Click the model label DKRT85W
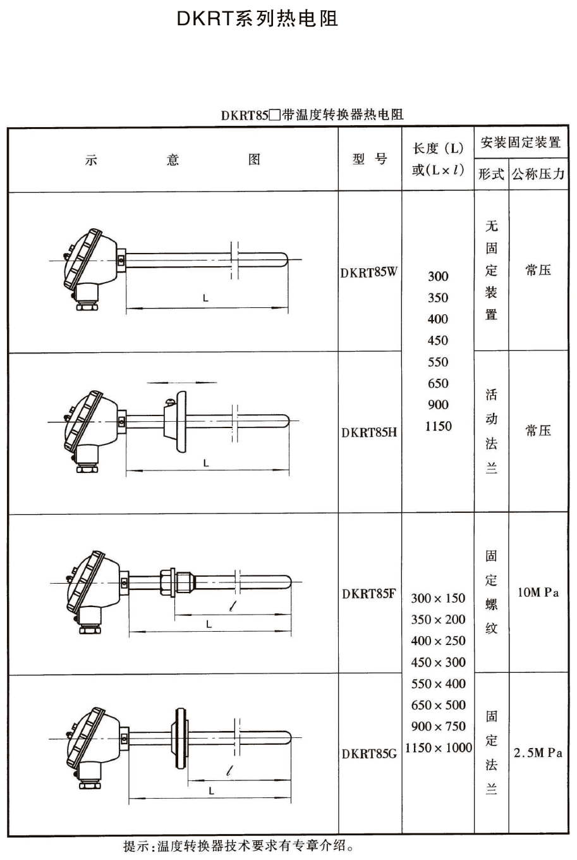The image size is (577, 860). tap(370, 273)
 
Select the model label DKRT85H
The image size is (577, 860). tap(370, 433)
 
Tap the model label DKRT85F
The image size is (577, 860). tap(370, 594)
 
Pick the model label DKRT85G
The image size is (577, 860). tap(370, 754)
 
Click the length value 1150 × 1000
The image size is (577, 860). tap(439, 748)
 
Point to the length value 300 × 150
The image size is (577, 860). tap(438, 598)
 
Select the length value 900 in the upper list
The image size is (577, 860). tap(438, 405)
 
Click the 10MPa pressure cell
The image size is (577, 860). tap(538, 593)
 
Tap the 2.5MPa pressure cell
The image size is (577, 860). tap(538, 753)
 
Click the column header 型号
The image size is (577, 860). tap(370, 159)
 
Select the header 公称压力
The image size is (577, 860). tap(538, 174)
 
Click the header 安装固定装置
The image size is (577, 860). tap(521, 142)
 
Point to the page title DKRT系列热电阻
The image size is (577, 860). tap(257, 19)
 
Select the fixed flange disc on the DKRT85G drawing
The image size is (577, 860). tap(178, 738)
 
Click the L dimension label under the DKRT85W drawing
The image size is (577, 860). tap(205, 299)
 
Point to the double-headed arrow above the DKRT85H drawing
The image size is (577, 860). tap(182, 383)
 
